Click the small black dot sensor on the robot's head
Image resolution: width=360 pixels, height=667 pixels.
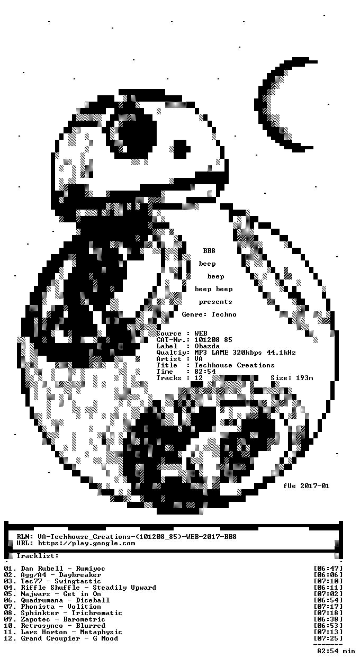[182, 149]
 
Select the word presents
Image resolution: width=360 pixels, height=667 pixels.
[215, 302]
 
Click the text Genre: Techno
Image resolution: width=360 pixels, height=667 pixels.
[209, 314]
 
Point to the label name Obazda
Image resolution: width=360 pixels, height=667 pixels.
[207, 346]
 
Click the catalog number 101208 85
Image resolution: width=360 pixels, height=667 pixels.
[213, 340]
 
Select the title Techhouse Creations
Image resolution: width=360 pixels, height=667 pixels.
[235, 365]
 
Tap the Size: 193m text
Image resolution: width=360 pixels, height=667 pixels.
[292, 378]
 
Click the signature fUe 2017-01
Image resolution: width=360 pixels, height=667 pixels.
[307, 486]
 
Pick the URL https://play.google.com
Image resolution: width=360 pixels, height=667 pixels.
[86, 543]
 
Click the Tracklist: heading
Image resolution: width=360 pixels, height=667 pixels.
[38, 556]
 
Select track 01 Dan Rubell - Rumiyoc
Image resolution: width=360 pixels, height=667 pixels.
[55, 569]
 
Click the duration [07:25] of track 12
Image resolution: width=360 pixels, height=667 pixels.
[328, 638]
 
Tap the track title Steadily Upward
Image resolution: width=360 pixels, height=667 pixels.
[124, 588]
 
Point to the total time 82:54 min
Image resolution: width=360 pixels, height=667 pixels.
[336, 651]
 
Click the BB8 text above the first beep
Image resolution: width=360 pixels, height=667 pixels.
[209, 251]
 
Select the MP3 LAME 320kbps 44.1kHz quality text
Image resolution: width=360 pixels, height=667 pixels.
[245, 353]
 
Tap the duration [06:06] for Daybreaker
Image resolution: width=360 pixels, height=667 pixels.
[328, 575]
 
